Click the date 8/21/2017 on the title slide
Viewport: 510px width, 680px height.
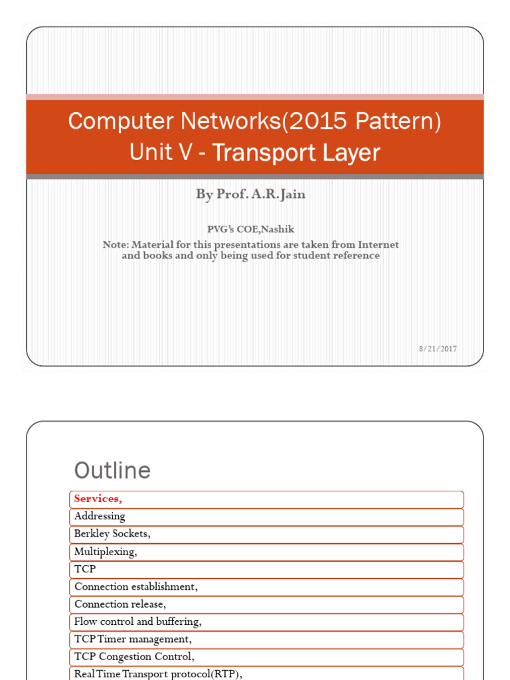pyautogui.click(x=438, y=349)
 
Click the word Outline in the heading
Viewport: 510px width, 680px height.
pyautogui.click(x=112, y=471)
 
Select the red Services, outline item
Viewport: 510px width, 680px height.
pyautogui.click(x=98, y=499)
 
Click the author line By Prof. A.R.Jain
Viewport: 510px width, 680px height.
pyautogui.click(x=250, y=194)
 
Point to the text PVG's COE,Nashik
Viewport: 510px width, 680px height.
pyautogui.click(x=250, y=229)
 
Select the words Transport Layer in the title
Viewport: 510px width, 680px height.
pyautogui.click(x=296, y=153)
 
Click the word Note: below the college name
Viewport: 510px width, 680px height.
pyautogui.click(x=116, y=244)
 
